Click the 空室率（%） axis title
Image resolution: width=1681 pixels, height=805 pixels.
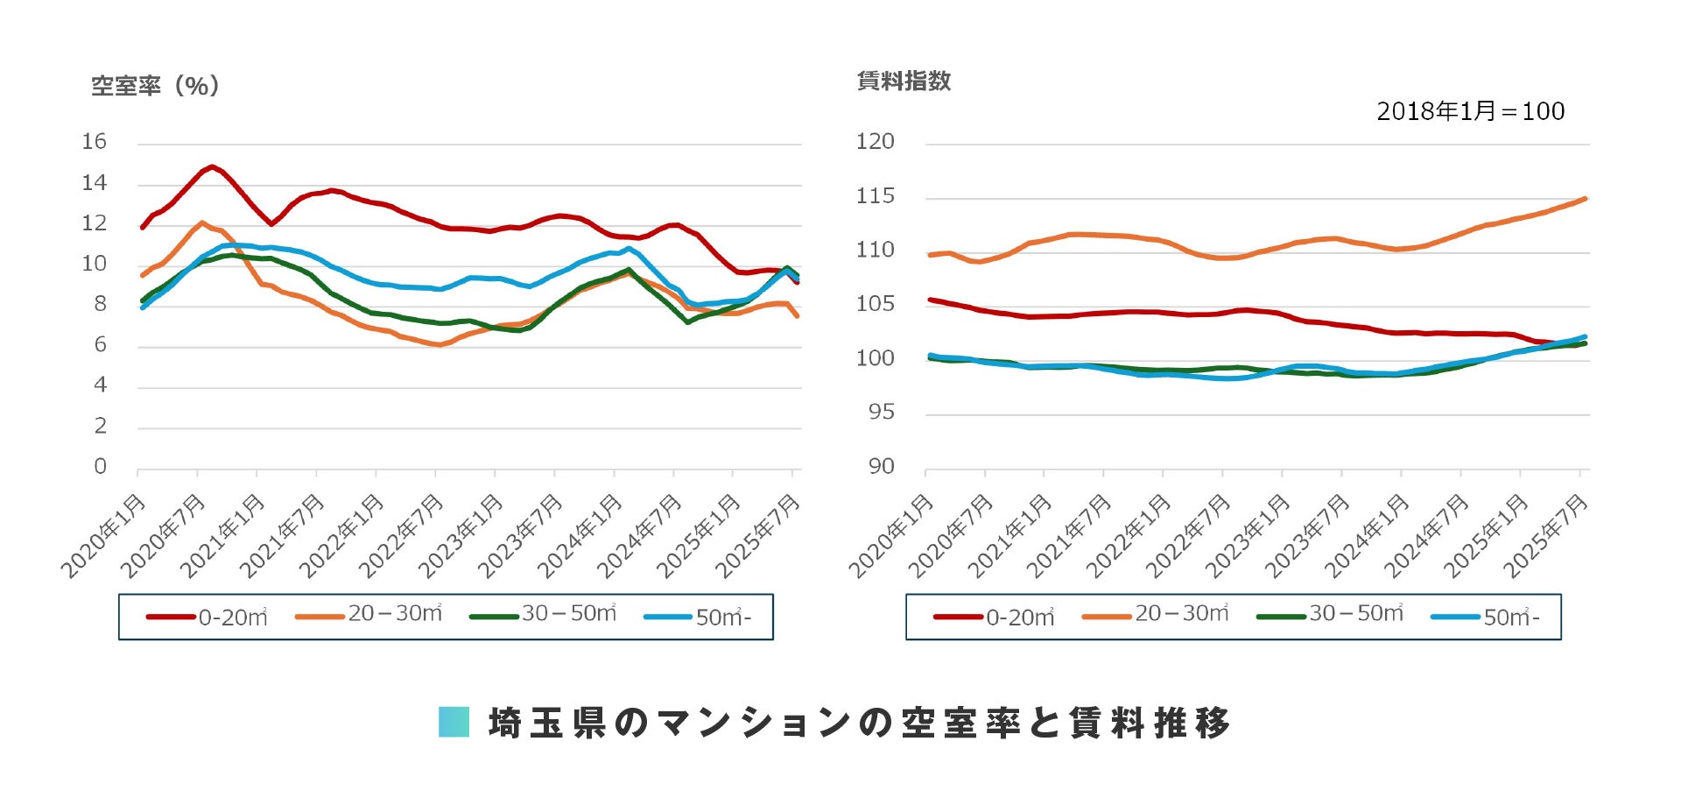[155, 86]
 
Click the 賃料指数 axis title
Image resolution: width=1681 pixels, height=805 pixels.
[904, 81]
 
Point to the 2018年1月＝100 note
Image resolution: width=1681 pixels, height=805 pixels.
[1470, 111]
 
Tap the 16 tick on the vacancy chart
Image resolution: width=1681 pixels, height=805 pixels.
[94, 142]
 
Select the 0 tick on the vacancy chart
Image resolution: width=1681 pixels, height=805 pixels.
[100, 467]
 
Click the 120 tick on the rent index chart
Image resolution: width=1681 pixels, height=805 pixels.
[875, 142]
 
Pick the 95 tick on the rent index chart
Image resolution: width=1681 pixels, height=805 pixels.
[881, 413]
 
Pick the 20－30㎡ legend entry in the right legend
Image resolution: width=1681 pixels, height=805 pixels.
[1156, 615]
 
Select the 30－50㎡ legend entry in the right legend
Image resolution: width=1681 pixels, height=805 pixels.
[1331, 615]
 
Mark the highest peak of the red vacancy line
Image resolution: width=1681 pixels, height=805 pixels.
[212, 166]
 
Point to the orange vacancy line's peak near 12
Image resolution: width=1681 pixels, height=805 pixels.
[202, 222]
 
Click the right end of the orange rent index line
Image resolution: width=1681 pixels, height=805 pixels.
[1585, 199]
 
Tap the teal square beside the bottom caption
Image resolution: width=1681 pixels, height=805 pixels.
[454, 722]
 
